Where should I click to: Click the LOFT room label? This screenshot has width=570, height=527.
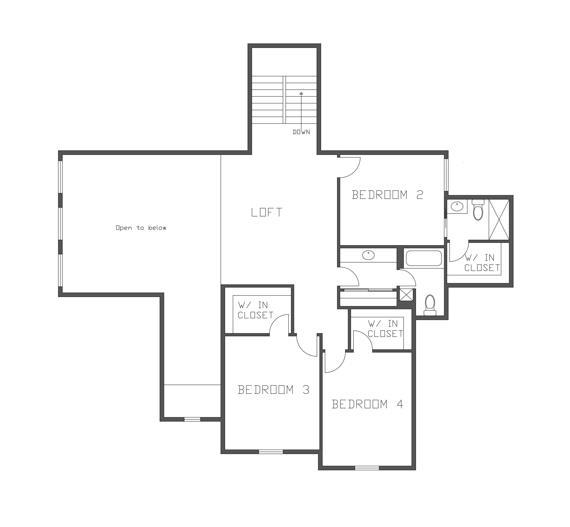(x=267, y=212)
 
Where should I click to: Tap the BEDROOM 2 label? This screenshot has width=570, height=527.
(x=387, y=195)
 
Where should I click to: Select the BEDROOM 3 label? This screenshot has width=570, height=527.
(x=273, y=390)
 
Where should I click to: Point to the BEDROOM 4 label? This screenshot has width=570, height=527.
(x=367, y=404)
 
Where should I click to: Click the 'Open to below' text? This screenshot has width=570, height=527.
(x=141, y=228)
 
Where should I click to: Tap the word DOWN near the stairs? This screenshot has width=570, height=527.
(x=301, y=132)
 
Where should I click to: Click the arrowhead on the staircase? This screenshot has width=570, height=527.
(x=301, y=93)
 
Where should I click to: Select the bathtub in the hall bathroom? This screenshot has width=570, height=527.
(x=424, y=258)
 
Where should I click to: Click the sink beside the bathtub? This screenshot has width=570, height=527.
(x=368, y=255)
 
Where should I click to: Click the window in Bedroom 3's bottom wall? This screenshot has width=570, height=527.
(x=271, y=452)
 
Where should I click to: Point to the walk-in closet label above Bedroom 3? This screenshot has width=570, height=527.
(x=255, y=310)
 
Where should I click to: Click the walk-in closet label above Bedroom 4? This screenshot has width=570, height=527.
(x=385, y=329)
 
